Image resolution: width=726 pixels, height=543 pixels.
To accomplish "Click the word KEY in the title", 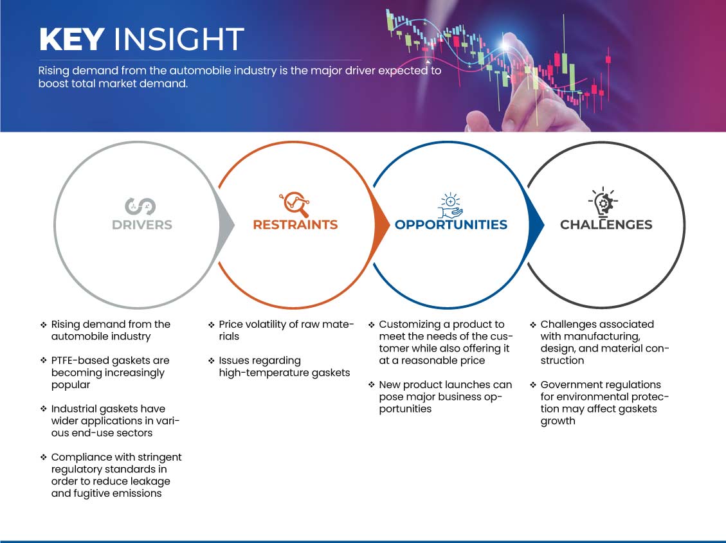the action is pos(71,39).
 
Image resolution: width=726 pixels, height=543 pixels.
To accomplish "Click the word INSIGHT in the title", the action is pos(179,39).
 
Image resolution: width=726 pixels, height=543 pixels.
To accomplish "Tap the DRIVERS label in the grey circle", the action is pos(142,225).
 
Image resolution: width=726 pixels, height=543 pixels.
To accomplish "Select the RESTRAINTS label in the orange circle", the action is pos(295,225).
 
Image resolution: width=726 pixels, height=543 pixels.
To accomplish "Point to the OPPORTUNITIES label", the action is pos(451,225).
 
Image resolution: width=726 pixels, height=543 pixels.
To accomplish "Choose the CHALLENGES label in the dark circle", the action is pos(606,225).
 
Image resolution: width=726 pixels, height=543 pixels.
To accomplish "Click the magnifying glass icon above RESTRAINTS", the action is pos(295,204).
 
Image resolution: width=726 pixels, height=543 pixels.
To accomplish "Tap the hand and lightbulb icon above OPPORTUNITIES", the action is pos(451,206).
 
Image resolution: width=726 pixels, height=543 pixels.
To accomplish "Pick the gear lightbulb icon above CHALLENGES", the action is pos(603,202).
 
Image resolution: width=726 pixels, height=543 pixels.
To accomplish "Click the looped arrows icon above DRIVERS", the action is pos(140,206).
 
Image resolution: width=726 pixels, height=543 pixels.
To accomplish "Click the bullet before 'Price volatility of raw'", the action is pos(211,325).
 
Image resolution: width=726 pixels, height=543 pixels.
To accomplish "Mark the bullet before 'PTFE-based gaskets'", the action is pos(44,361).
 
